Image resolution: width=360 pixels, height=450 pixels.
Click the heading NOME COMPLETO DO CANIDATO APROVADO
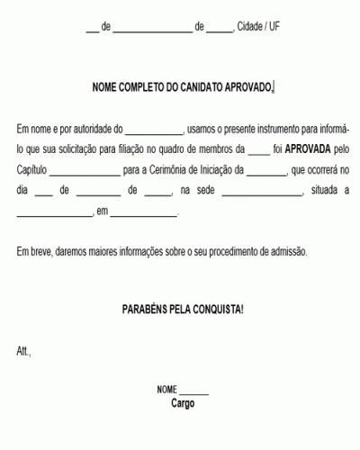point(183,87)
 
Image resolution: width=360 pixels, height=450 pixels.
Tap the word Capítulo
point(32,169)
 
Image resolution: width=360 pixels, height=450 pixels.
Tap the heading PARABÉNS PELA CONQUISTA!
point(183,308)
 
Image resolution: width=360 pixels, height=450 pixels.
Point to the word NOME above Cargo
point(167,391)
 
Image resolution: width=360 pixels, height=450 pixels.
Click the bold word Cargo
point(183,403)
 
